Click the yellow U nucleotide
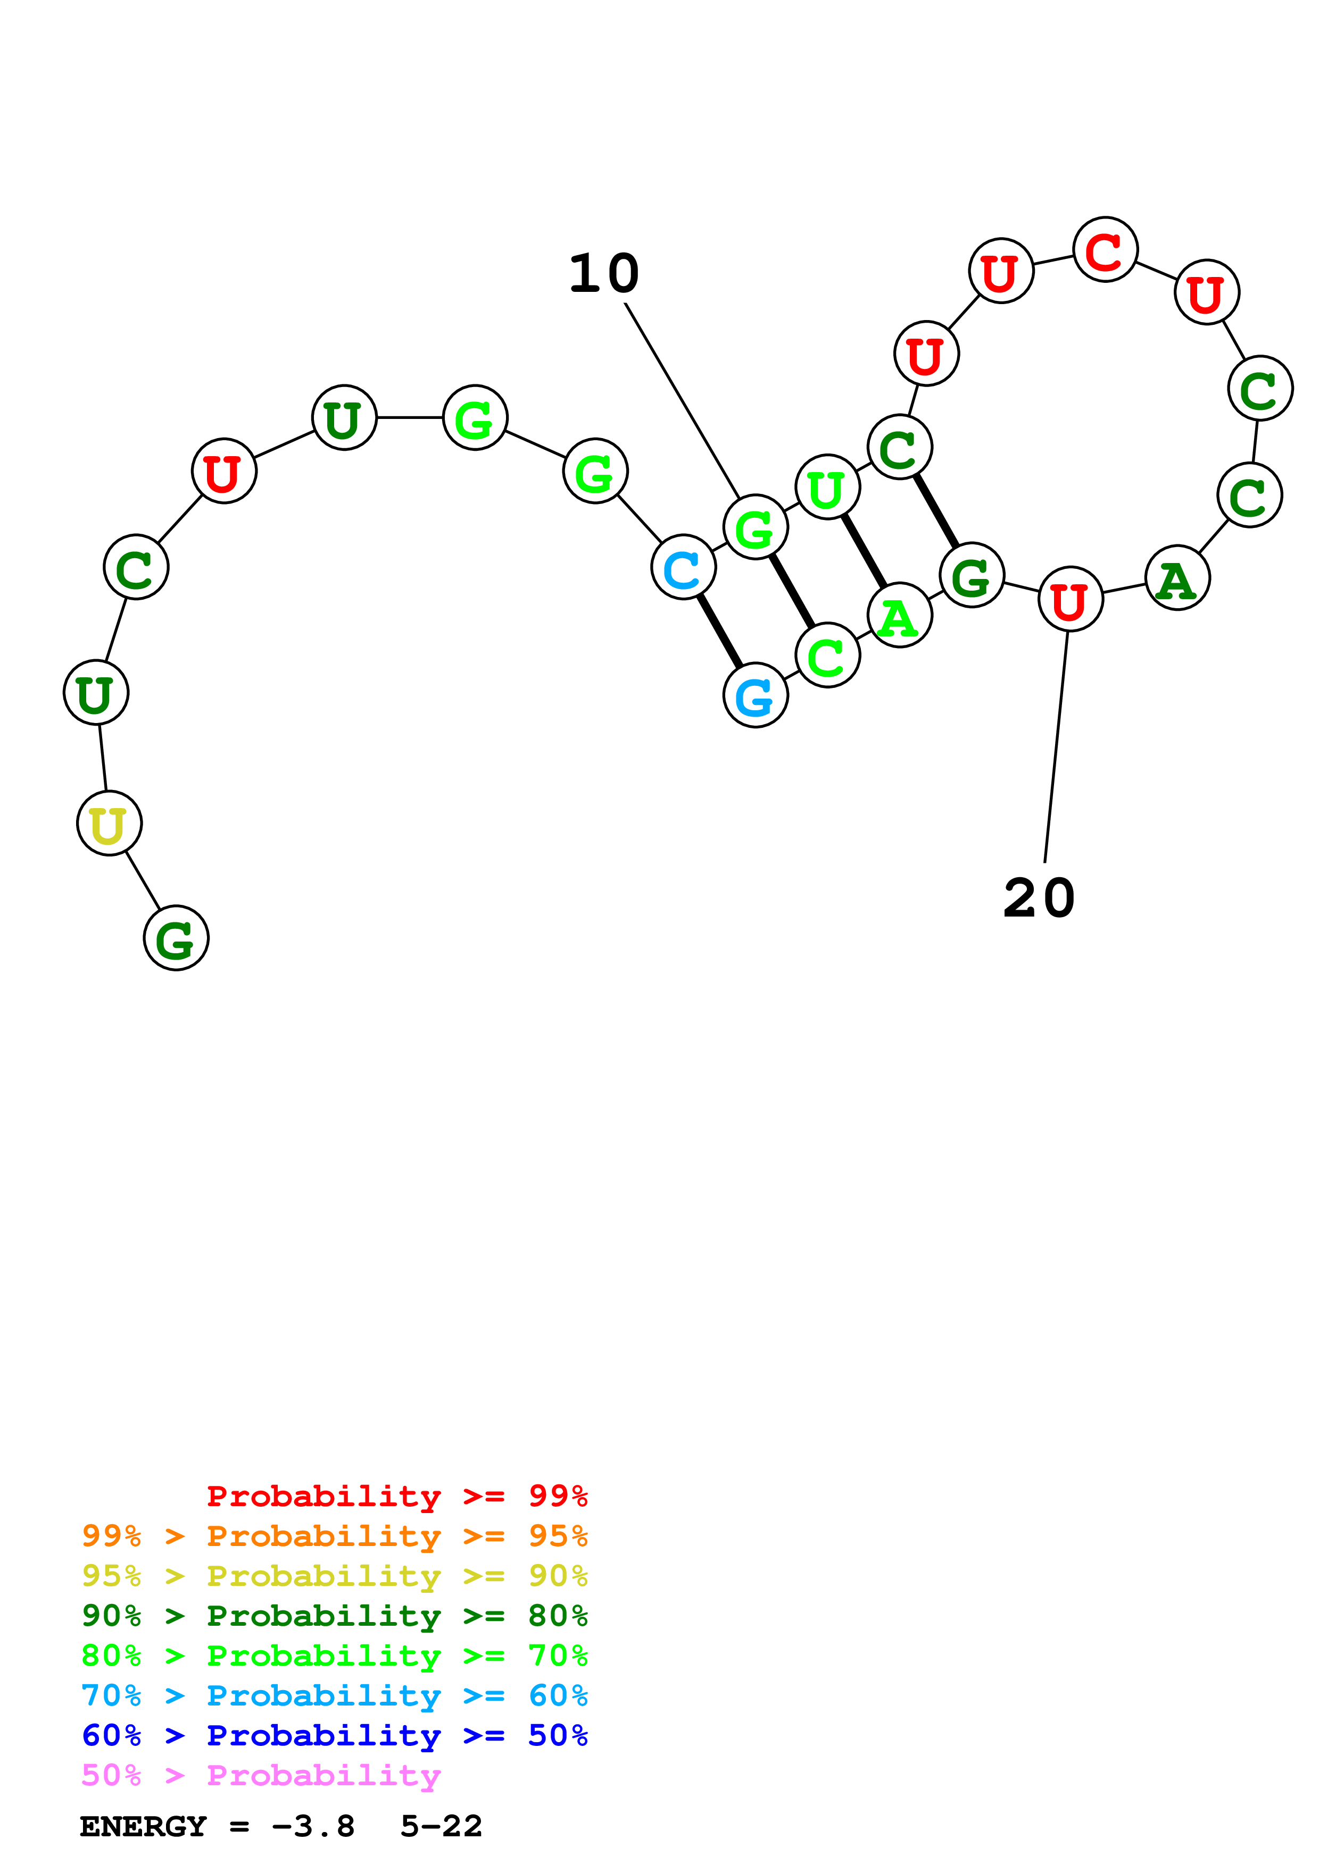click(x=109, y=823)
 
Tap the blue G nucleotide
click(x=755, y=695)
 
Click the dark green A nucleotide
click(x=1177, y=578)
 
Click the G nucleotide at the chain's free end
click(x=176, y=938)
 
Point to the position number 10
click(x=604, y=274)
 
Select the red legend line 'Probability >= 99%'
click(x=396, y=1496)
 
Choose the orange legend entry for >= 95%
click(x=335, y=1535)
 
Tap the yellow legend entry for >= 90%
click(x=335, y=1575)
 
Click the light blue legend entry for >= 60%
click(x=335, y=1695)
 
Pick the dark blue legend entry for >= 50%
click(x=335, y=1735)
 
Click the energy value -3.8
click(x=313, y=1826)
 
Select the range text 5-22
click(x=441, y=1826)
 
